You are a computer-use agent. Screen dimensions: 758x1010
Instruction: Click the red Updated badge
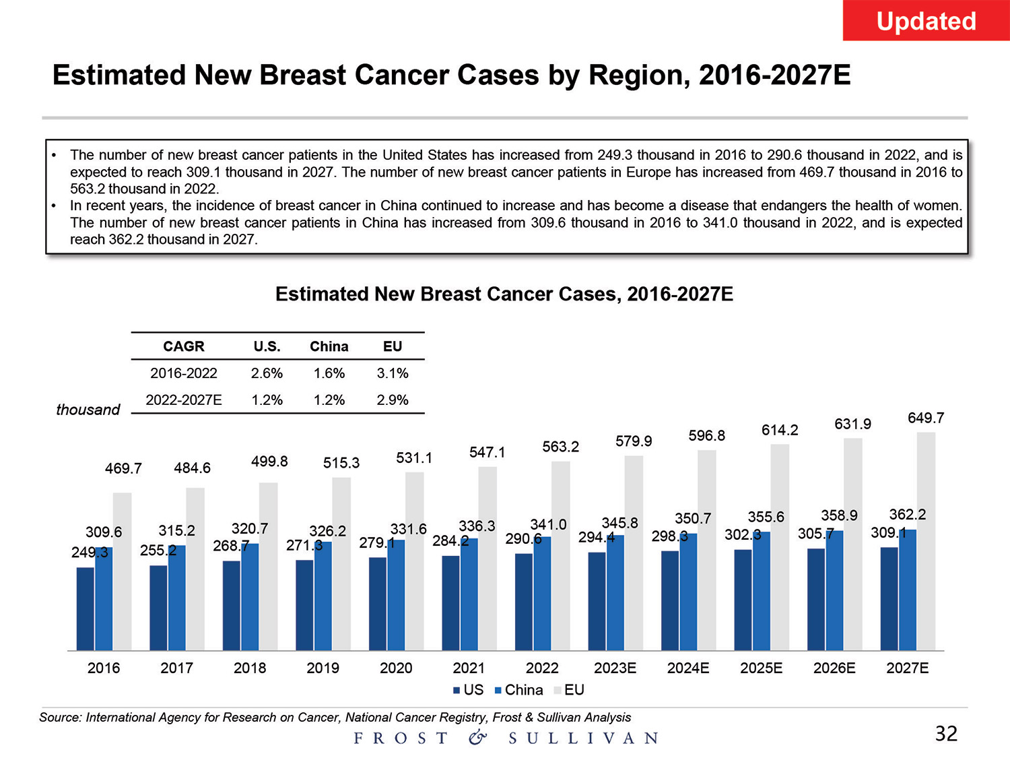[926, 21]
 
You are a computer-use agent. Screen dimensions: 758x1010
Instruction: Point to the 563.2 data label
[560, 447]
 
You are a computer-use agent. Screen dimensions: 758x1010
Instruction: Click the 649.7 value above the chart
[926, 418]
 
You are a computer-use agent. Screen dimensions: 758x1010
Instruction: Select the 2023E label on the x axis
[615, 668]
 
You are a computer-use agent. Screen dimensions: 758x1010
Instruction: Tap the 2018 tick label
[250, 668]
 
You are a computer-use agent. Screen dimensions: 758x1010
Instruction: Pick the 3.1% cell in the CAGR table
[393, 373]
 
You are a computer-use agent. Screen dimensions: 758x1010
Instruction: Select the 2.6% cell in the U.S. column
[267, 373]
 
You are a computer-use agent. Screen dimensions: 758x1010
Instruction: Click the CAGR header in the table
[183, 346]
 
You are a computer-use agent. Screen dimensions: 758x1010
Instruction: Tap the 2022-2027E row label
[184, 400]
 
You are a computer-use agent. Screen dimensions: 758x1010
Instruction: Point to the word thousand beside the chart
[88, 410]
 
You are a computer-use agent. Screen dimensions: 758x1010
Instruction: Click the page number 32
[946, 733]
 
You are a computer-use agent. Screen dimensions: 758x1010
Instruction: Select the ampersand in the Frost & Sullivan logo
[477, 738]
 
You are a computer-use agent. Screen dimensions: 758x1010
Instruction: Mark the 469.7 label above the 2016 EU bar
[123, 468]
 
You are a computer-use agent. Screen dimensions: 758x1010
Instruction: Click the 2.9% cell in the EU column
[393, 400]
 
